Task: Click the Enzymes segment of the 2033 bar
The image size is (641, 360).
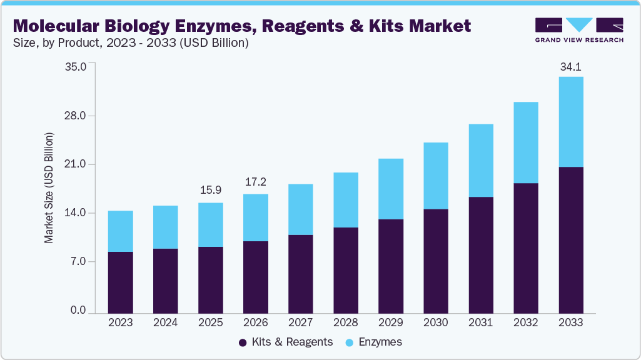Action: (570, 122)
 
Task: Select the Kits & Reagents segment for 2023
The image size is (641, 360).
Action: (120, 282)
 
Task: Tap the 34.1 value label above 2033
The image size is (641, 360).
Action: (570, 67)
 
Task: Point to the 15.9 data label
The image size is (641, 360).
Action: (211, 190)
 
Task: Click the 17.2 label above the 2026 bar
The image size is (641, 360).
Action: (255, 182)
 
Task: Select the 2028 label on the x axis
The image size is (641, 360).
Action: (346, 323)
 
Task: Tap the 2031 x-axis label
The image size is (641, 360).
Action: (481, 323)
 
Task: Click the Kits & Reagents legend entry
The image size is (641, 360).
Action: (286, 342)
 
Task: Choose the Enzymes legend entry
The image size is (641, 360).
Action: (375, 342)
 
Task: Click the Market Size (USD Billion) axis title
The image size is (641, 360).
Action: (49, 187)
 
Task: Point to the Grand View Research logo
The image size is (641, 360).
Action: (578, 31)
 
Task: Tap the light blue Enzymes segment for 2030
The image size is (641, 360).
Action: (436, 176)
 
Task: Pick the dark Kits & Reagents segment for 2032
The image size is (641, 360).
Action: (526, 248)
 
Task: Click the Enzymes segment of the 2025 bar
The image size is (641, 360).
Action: (211, 224)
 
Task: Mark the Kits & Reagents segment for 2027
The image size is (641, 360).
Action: (301, 274)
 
